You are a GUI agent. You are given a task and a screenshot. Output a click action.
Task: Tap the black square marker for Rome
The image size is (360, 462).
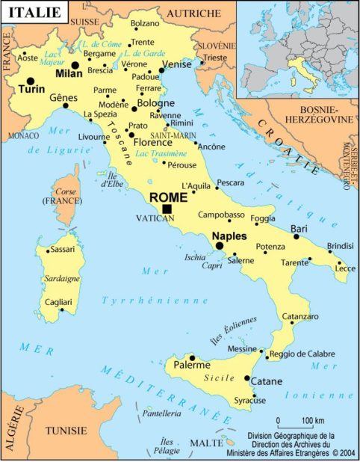pos(167,209)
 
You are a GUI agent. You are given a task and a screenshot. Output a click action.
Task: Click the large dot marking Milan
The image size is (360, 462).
pos(75,66)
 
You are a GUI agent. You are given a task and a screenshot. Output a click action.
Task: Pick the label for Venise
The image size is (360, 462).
pos(177,65)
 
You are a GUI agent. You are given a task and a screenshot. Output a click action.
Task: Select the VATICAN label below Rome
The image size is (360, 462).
pos(155,219)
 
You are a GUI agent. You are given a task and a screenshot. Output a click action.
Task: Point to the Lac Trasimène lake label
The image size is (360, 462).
pos(160,153)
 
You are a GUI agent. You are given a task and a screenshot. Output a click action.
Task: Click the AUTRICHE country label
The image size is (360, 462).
pos(193,13)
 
